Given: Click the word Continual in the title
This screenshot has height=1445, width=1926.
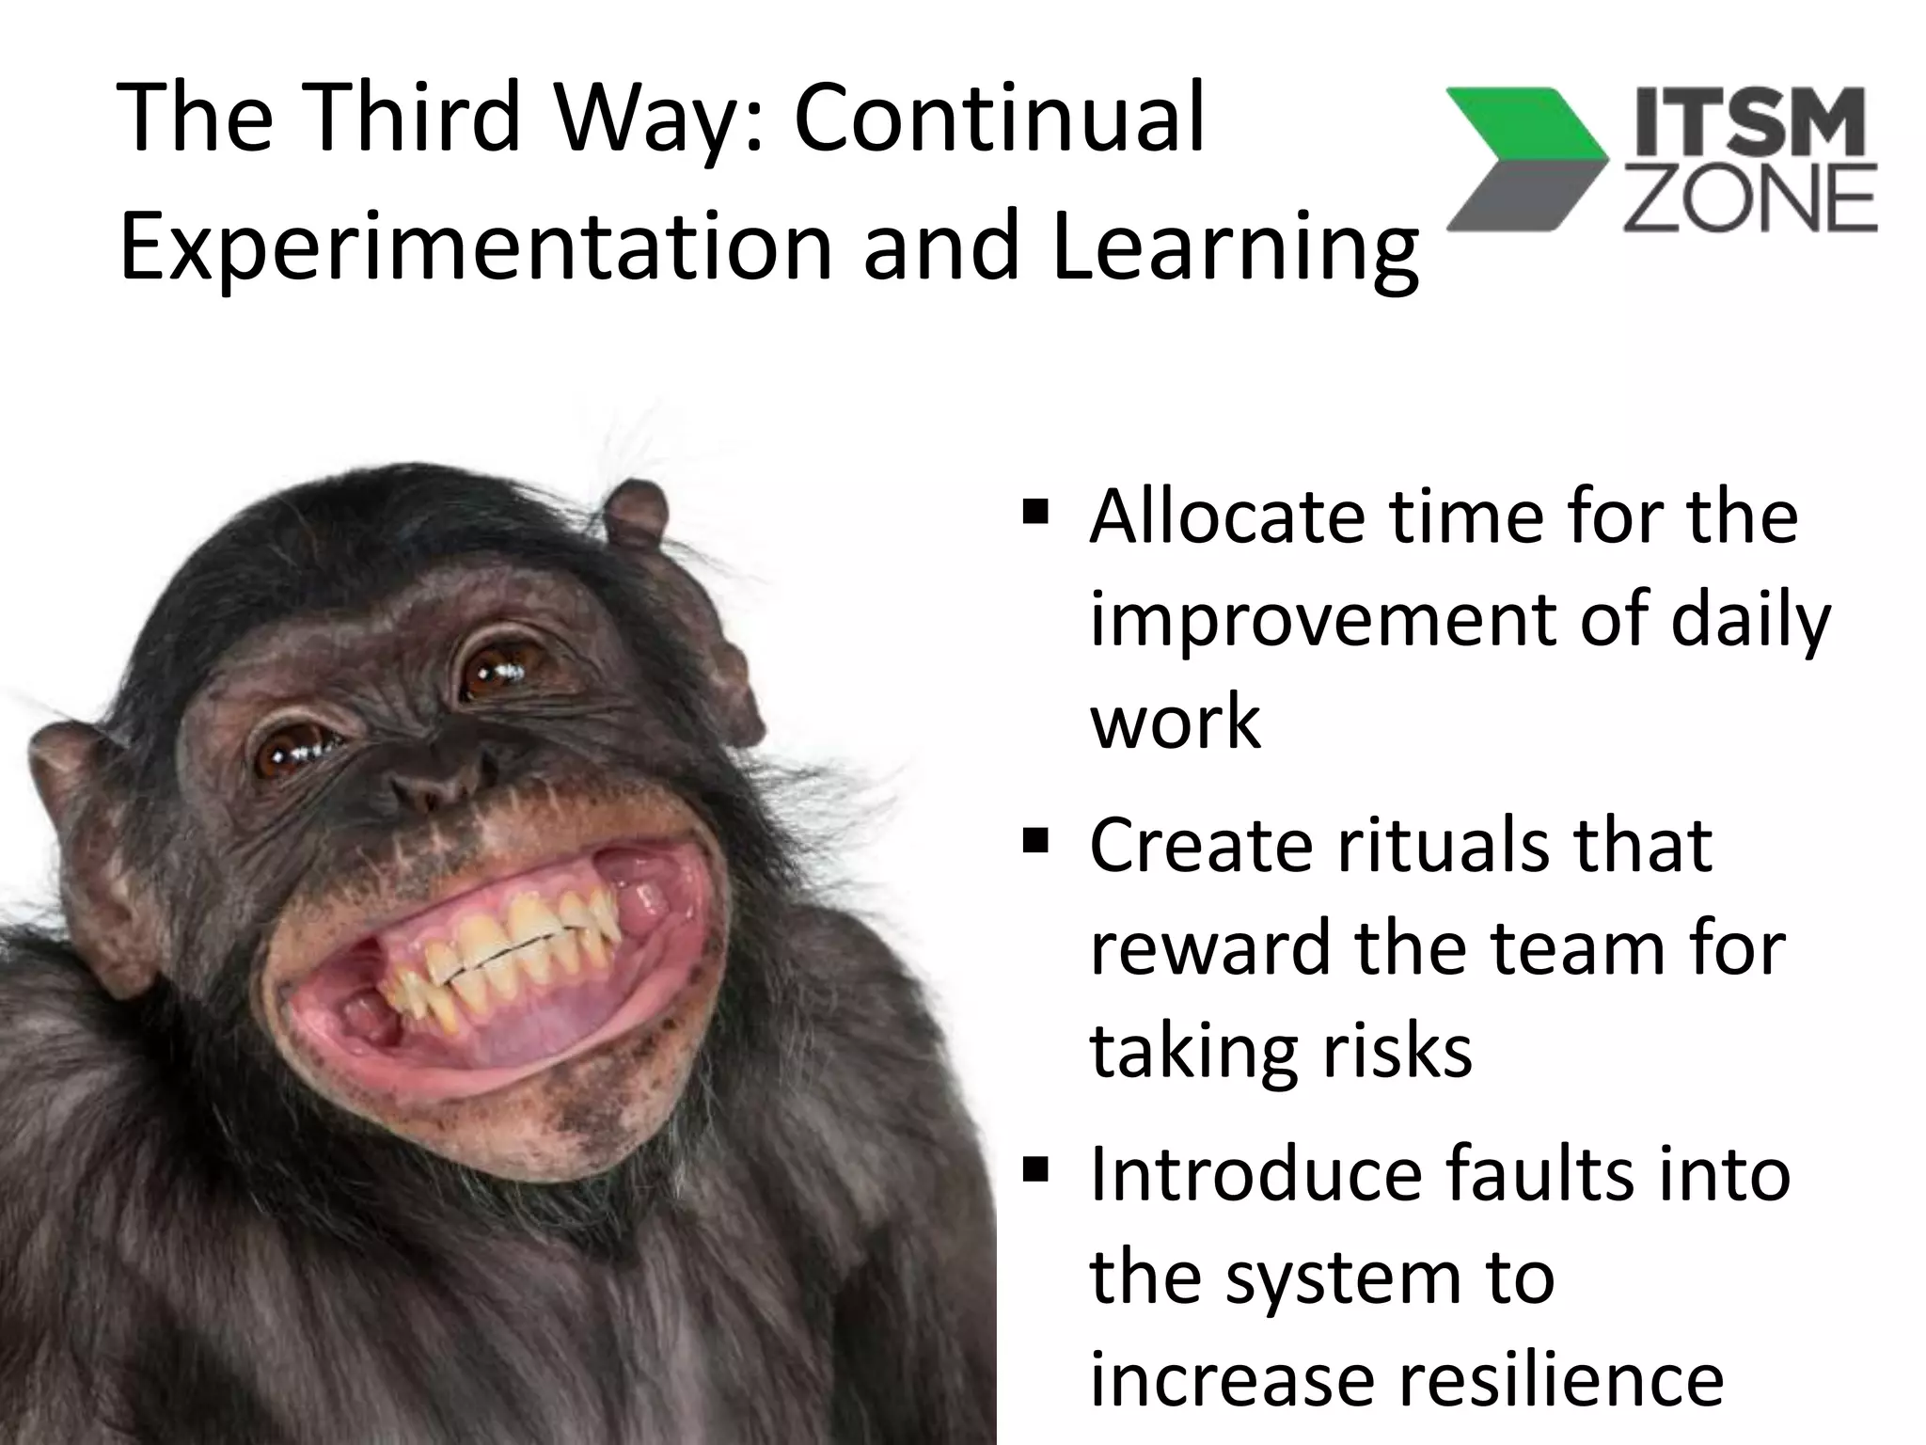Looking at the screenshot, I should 999,119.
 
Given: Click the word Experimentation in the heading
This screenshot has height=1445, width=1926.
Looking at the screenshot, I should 476,246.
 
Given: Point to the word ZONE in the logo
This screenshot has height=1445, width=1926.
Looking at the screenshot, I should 1750,200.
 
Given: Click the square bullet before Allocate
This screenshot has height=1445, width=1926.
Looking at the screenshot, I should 1035,515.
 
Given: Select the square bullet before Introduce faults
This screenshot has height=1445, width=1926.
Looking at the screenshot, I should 1035,1170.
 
